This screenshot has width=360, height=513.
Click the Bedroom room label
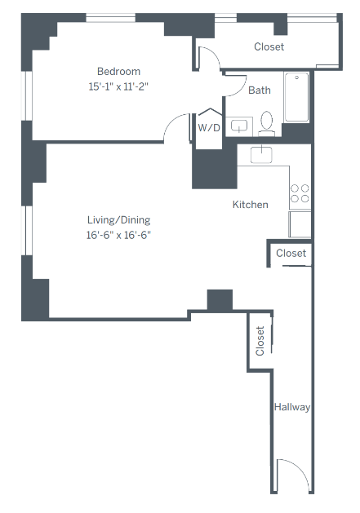pyautogui.click(x=119, y=71)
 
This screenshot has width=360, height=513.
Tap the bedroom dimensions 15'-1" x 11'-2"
pyautogui.click(x=119, y=86)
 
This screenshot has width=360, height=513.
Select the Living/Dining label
pyautogui.click(x=119, y=220)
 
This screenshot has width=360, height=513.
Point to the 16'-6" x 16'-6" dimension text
pyautogui.click(x=119, y=235)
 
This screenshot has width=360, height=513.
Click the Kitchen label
pyautogui.click(x=250, y=205)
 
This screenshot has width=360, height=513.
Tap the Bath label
pyautogui.click(x=260, y=91)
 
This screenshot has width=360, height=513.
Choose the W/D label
pyautogui.click(x=209, y=127)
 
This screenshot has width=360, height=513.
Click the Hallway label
pyautogui.click(x=292, y=407)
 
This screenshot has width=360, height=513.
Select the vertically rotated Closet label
pyautogui.click(x=260, y=341)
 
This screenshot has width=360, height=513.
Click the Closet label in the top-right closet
pyautogui.click(x=269, y=46)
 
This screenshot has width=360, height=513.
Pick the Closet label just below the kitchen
pyautogui.click(x=291, y=254)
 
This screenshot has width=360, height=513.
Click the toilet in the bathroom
pyautogui.click(x=266, y=123)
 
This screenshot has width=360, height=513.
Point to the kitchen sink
pyautogui.click(x=261, y=154)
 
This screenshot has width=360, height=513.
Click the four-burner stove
pyautogui.click(x=300, y=193)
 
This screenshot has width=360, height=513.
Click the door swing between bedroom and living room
pyautogui.click(x=177, y=129)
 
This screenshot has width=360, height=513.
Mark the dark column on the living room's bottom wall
pyautogui.click(x=220, y=299)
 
